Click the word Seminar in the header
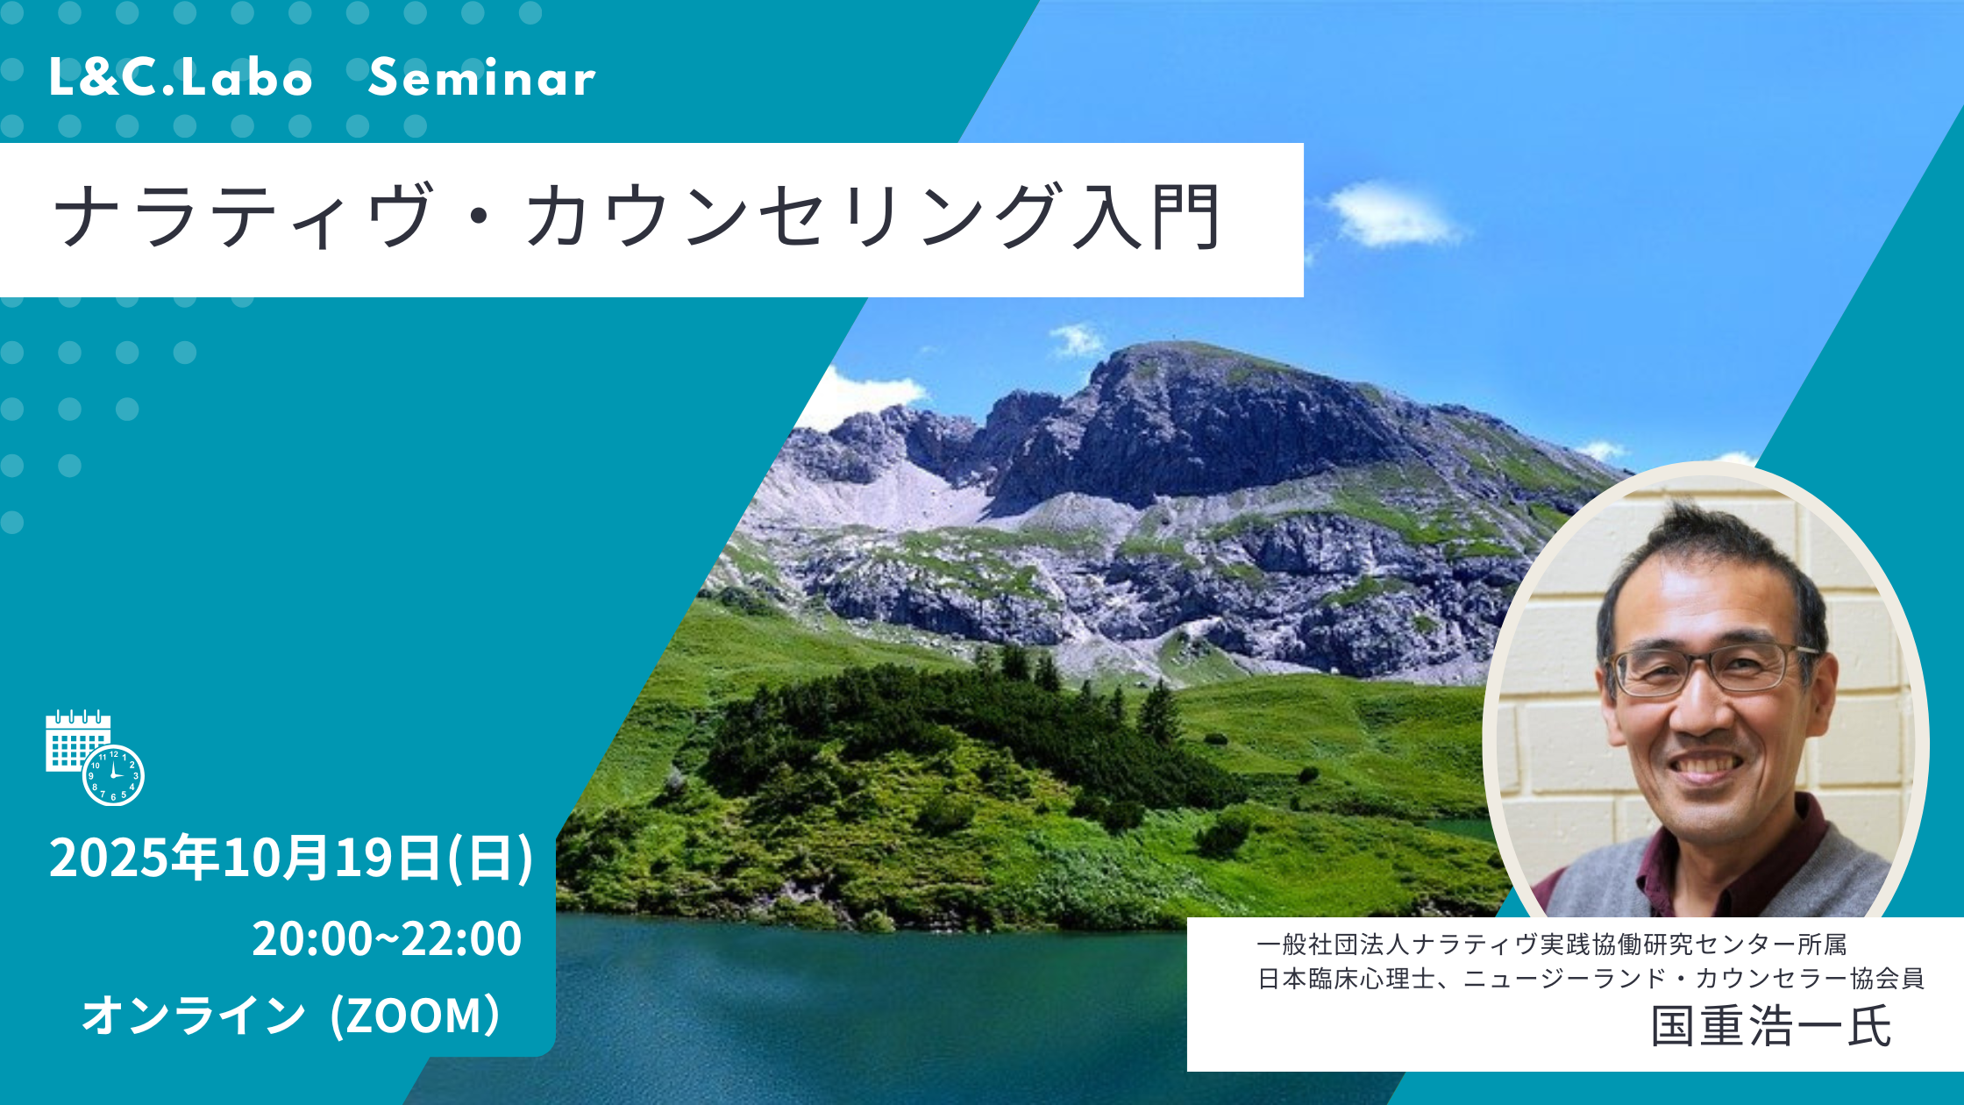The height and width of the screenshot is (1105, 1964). click(481, 79)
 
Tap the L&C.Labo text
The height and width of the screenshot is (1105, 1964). click(181, 79)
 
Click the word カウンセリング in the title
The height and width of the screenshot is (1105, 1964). click(793, 217)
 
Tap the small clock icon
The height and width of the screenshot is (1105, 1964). click(114, 775)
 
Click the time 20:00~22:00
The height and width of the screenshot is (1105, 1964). click(387, 938)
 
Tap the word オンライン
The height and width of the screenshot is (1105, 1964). click(193, 1016)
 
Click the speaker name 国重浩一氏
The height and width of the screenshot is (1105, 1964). click(1770, 1026)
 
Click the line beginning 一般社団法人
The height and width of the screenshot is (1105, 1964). click(1551, 945)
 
